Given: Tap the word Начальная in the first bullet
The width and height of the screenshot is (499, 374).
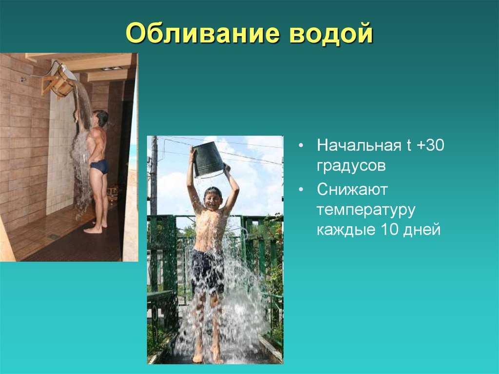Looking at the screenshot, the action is tap(359, 146).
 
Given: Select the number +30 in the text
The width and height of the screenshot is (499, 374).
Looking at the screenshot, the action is tap(430, 145).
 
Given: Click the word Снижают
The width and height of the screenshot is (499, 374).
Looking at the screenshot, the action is tap(352, 190).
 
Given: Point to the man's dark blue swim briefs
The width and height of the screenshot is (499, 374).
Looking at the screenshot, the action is tap(99, 167).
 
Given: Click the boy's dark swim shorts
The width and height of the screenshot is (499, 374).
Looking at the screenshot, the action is tap(208, 271).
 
